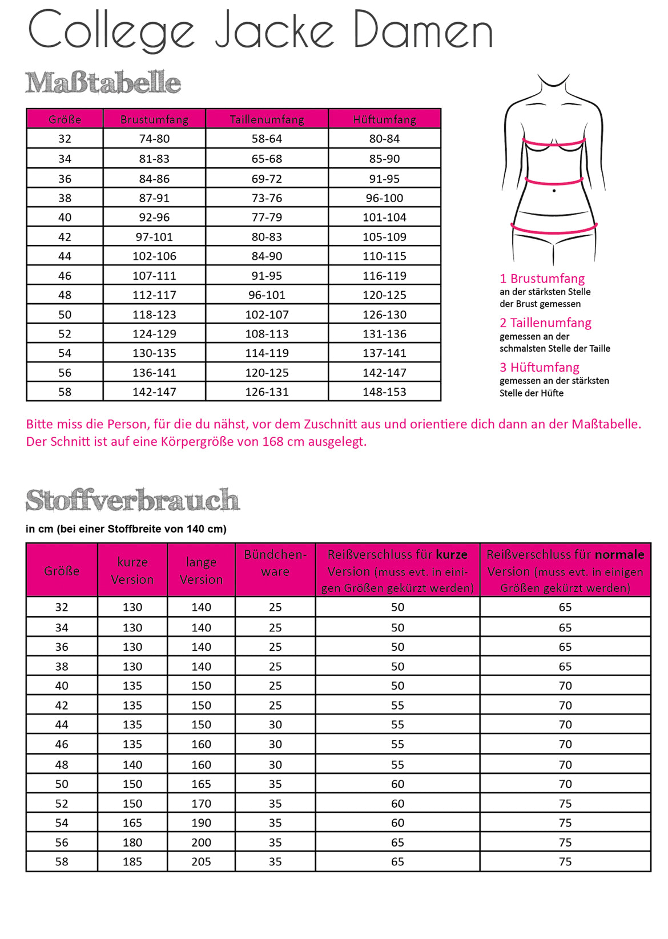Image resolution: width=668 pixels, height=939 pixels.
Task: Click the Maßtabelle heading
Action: click(103, 83)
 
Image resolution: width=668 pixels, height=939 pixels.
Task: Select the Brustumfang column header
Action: click(154, 119)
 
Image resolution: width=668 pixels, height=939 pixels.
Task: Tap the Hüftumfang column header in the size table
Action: click(384, 119)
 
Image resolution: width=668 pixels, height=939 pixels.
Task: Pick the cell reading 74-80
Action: click(154, 139)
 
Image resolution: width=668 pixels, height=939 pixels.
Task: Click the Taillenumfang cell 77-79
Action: click(267, 217)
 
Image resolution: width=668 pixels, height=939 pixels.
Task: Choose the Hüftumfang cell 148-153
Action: click(384, 392)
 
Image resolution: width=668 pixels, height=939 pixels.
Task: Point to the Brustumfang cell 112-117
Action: click(154, 295)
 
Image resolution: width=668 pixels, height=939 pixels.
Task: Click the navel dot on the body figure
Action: click(554, 191)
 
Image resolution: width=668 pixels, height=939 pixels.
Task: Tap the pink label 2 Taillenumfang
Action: click(545, 323)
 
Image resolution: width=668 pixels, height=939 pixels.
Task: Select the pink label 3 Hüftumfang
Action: click(540, 368)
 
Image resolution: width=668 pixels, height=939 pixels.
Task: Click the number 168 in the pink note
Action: click(272, 442)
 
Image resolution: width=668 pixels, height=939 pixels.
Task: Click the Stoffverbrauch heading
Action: click(132, 501)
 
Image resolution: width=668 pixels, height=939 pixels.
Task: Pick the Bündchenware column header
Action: click(275, 563)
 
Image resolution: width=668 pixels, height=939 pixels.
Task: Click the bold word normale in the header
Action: click(619, 555)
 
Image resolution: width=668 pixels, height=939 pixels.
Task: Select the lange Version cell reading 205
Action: click(201, 862)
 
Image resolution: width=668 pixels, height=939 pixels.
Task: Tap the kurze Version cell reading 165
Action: click(132, 823)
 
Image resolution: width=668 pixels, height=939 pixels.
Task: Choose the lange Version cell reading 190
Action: click(201, 823)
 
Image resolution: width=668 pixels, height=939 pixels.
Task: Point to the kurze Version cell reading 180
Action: click(132, 843)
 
